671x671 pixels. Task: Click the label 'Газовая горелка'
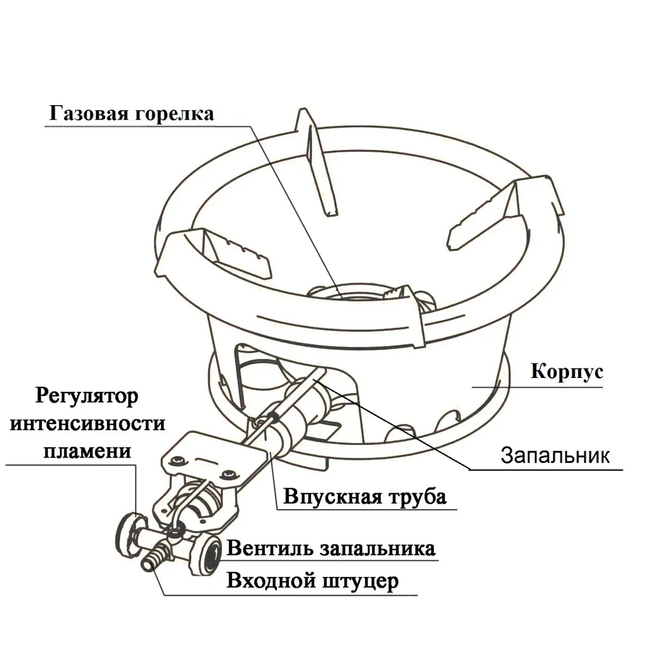click(x=131, y=114)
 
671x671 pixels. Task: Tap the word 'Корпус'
click(x=566, y=372)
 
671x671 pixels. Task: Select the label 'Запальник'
click(x=554, y=455)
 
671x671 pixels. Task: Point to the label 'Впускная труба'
click(x=365, y=497)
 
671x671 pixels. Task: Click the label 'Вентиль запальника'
click(x=330, y=548)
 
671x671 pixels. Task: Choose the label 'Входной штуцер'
click(x=313, y=581)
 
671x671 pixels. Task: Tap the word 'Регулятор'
click(x=87, y=398)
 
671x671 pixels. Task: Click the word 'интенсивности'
click(x=88, y=424)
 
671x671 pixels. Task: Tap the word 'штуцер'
click(x=361, y=581)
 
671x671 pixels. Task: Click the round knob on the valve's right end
click(x=210, y=553)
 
